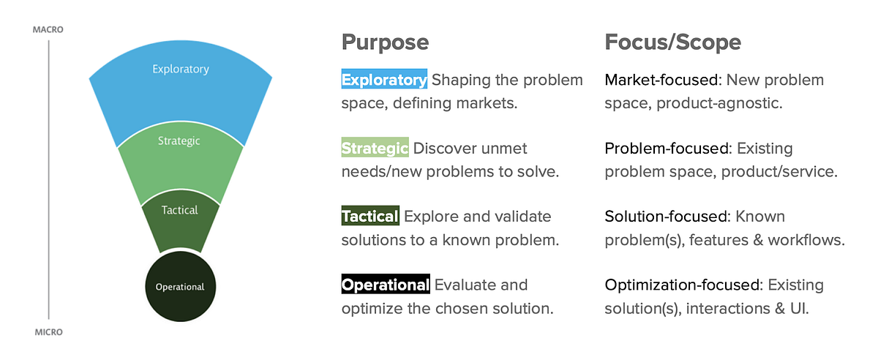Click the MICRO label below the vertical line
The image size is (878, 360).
coord(48,332)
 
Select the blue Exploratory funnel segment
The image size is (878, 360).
coord(180,80)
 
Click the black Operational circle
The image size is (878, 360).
coord(180,286)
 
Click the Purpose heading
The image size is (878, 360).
coord(385,42)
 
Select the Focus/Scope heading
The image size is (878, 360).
coord(672,42)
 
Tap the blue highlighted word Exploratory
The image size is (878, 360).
coord(384,79)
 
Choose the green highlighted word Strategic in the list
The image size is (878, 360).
coord(375,148)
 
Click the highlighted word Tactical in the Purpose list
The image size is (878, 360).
coord(370,216)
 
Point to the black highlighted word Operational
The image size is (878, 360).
coord(386,284)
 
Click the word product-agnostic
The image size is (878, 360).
coord(720,103)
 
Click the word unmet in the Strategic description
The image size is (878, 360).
coord(504,148)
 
